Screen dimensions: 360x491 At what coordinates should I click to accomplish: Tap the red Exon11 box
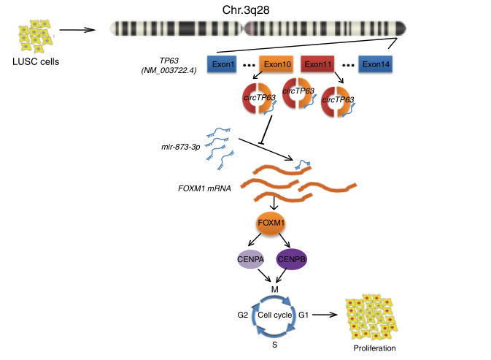[318, 64]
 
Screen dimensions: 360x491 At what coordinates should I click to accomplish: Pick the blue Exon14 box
[376, 64]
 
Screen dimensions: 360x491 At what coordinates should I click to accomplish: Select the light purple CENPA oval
[250, 260]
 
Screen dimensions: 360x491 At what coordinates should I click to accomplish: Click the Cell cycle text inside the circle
[272, 316]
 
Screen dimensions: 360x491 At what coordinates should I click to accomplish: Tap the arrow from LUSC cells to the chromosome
[77, 30]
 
